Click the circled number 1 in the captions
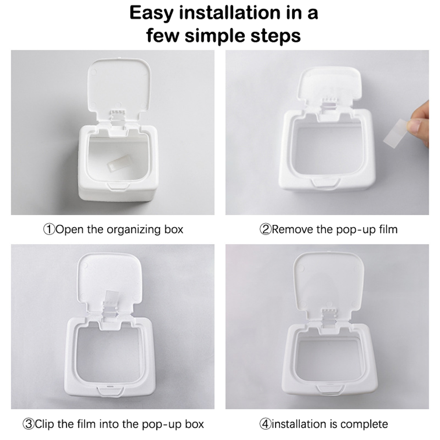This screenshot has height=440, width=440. coord(49,230)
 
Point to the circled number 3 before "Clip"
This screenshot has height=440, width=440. coord(28,424)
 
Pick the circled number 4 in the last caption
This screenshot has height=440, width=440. coord(265,424)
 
